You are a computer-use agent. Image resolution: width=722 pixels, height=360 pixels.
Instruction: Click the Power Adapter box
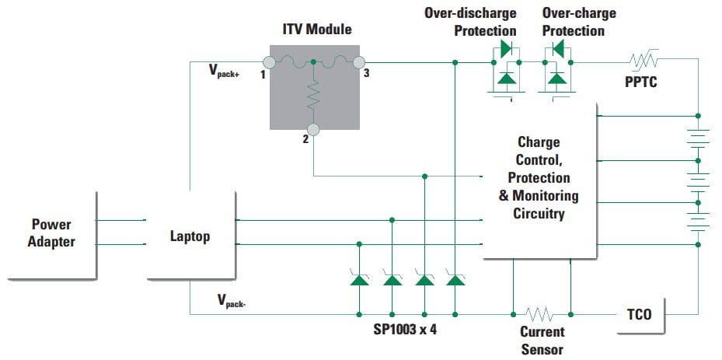52,233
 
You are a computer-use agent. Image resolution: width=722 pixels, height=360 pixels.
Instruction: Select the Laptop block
190,236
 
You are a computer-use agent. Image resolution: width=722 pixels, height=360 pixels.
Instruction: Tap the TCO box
639,315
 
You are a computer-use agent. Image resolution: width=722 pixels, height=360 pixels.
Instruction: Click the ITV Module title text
316,30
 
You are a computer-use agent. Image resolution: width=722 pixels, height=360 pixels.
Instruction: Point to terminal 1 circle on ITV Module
269,62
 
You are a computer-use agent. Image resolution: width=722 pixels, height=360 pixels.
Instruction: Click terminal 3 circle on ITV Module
358,62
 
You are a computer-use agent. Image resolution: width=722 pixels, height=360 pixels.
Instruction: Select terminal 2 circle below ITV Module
313,129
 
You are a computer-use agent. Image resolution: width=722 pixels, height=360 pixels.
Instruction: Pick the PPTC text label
641,82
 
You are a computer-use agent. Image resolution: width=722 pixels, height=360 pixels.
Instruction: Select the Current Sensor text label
541,341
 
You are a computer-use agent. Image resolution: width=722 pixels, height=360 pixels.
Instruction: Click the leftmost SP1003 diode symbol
359,278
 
